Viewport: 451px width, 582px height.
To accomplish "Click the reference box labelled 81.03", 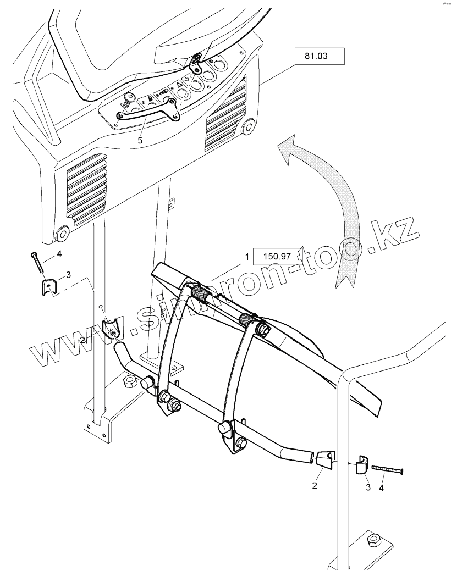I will [319, 57].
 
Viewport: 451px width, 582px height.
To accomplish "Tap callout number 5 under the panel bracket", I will [140, 141].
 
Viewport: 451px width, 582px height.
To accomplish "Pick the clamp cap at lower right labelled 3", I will [361, 464].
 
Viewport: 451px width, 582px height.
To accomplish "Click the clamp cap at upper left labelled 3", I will [50, 286].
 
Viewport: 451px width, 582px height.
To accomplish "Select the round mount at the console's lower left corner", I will [62, 234].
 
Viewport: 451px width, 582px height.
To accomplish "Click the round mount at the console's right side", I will [249, 127].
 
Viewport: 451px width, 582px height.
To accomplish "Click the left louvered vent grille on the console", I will [86, 188].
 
